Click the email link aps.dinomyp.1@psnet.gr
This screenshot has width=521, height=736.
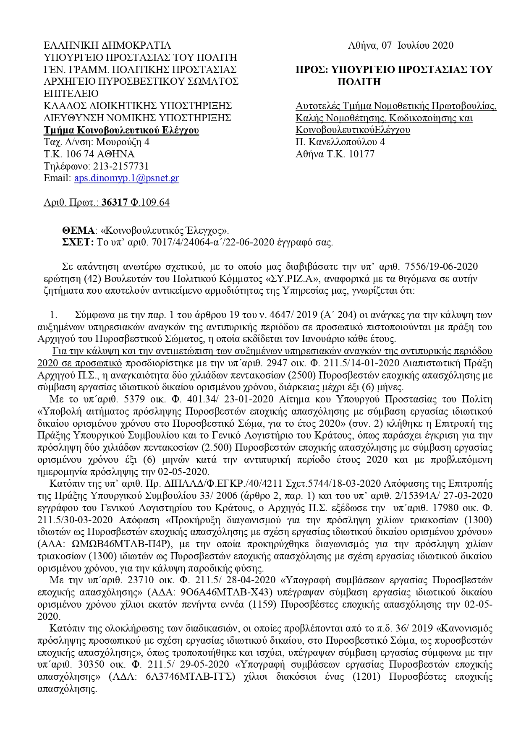126,178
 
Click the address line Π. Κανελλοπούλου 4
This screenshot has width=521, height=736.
340,142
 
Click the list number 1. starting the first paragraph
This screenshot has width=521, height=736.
53,315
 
